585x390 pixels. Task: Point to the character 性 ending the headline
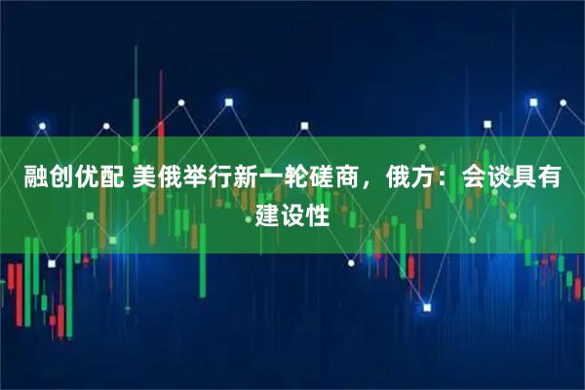[x=319, y=213]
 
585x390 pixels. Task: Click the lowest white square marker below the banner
[x=426, y=308]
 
